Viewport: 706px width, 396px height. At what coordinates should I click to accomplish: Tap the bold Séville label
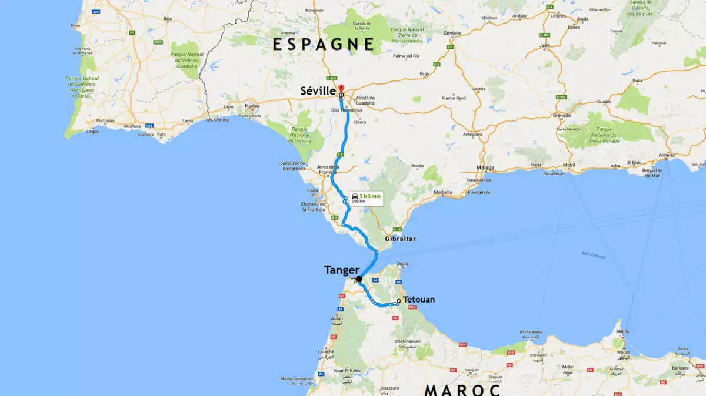click(318, 92)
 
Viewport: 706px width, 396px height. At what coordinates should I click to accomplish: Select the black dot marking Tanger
click(359, 279)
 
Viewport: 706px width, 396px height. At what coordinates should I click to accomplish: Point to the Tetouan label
click(419, 300)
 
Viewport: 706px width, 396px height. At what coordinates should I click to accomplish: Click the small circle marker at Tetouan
click(398, 301)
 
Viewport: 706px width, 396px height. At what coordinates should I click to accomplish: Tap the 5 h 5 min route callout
click(366, 198)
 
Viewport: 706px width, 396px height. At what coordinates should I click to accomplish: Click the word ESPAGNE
click(323, 44)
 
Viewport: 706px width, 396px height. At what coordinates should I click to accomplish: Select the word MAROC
click(462, 390)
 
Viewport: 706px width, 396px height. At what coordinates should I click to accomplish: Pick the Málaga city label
click(486, 167)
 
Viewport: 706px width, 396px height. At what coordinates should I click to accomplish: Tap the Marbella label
click(443, 192)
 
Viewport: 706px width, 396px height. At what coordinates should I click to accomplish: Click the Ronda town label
click(417, 166)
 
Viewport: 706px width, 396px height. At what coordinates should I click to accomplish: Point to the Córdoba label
click(452, 33)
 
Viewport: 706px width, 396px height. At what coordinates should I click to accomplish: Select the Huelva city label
click(252, 106)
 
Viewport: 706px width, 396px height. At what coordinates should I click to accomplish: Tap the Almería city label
click(666, 155)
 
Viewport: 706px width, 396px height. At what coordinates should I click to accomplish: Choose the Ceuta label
click(402, 263)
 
